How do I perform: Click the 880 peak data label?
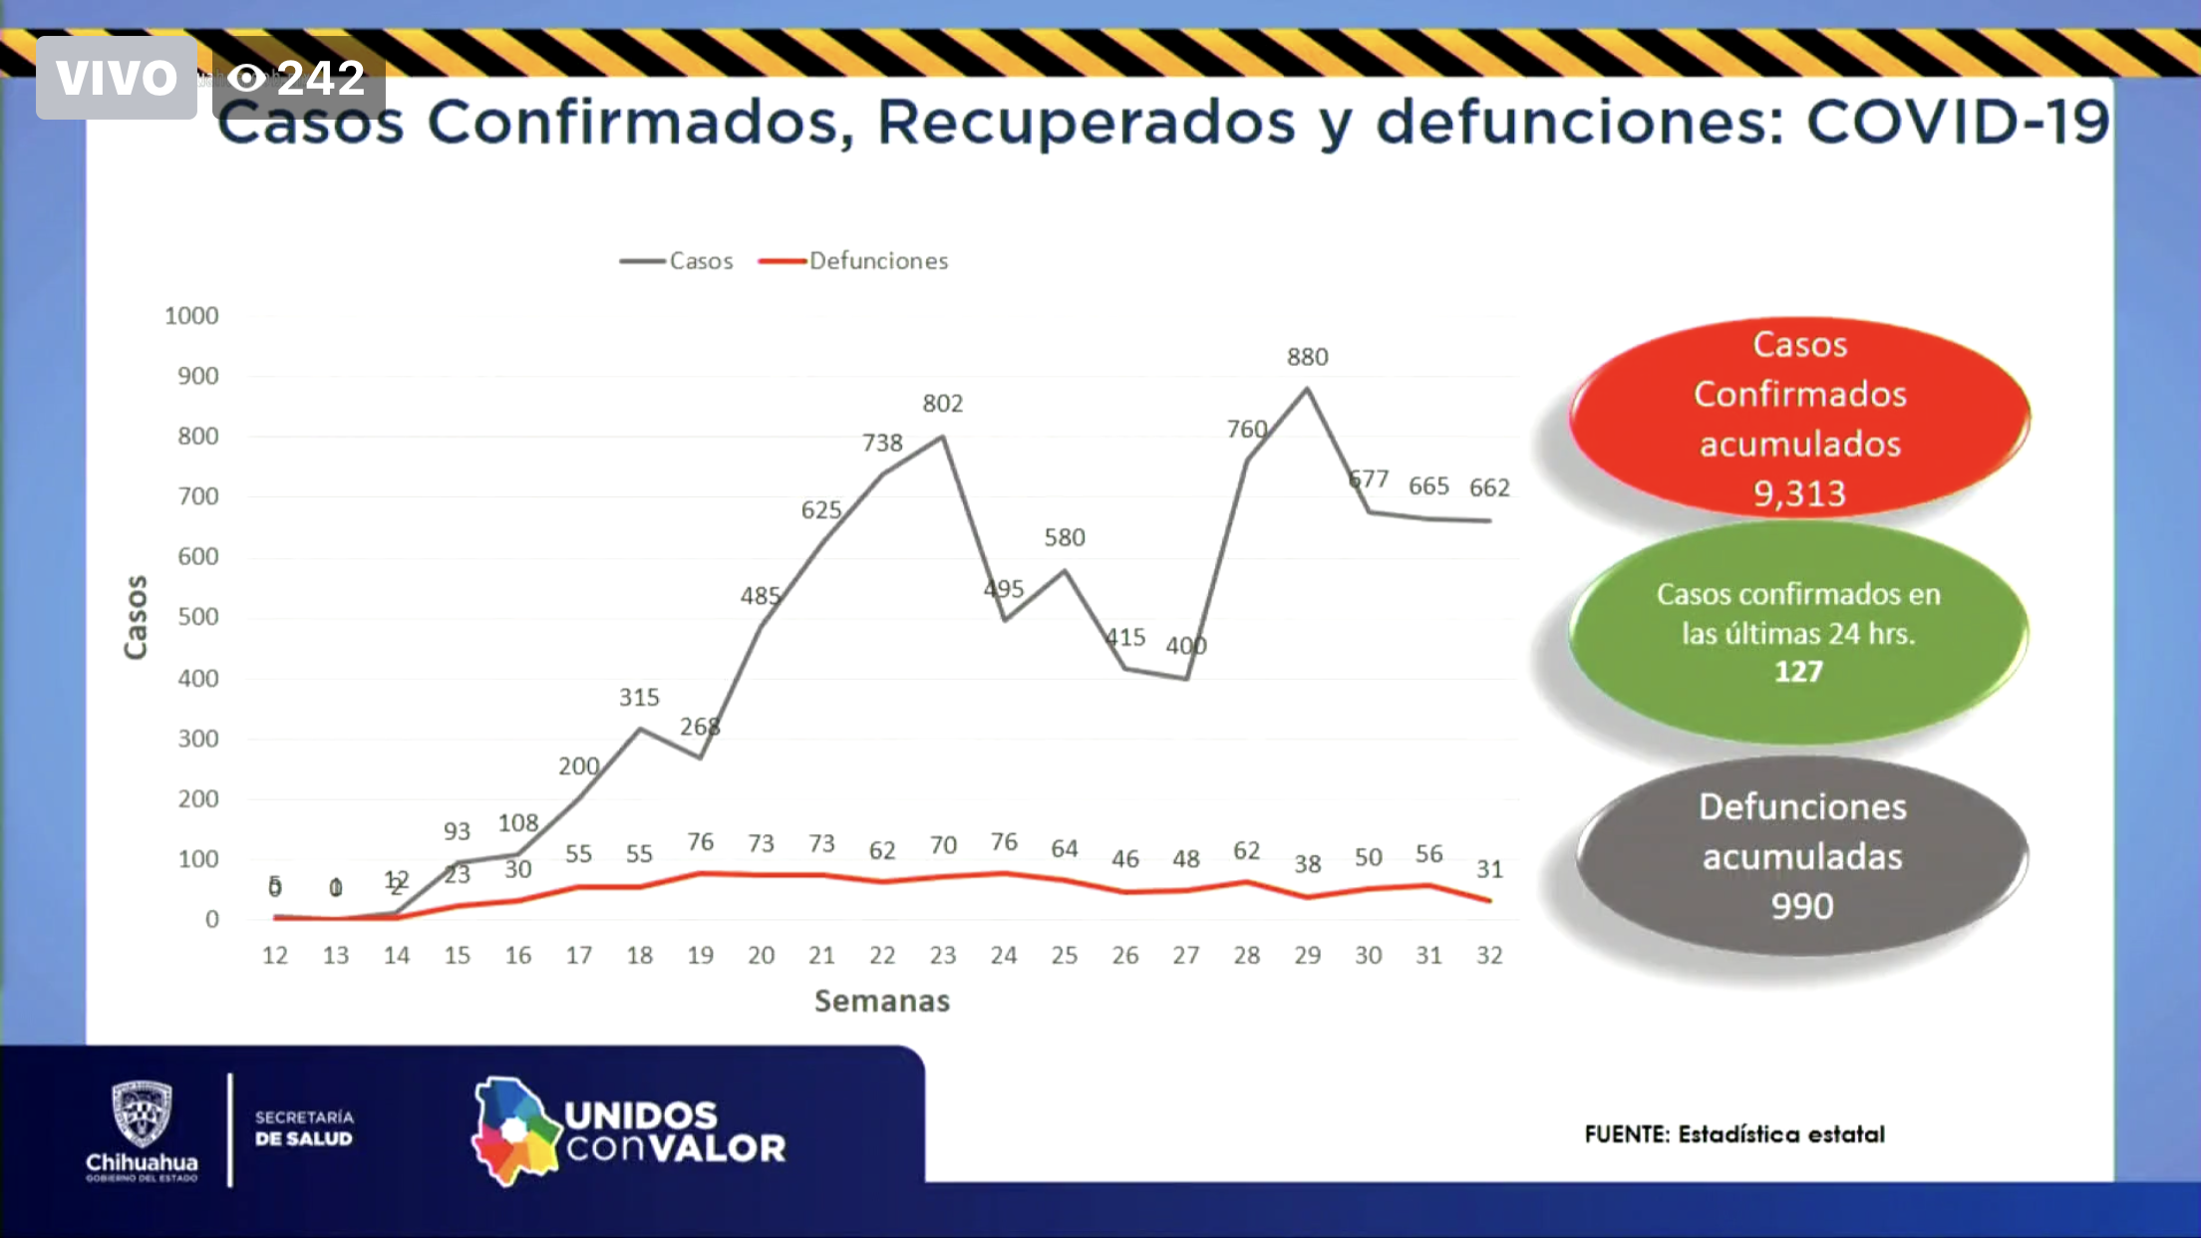point(1307,357)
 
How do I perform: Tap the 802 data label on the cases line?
point(942,404)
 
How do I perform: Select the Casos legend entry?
point(678,261)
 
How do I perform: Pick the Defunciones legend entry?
point(855,261)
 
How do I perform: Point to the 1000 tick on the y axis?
point(191,316)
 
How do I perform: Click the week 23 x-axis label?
point(942,955)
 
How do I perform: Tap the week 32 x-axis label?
point(1488,955)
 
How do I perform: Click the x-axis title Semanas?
point(881,1001)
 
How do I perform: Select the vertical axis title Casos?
point(136,617)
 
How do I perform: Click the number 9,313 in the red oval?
point(1799,493)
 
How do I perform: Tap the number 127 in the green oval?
point(1798,671)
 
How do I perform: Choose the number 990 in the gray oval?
point(1801,906)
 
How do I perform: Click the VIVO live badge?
point(117,78)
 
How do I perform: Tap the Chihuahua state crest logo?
point(142,1114)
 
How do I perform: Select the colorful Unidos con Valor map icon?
point(514,1131)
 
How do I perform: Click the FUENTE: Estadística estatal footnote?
point(1734,1134)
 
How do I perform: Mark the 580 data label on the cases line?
point(1064,538)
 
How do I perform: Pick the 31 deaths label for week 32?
point(1489,869)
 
